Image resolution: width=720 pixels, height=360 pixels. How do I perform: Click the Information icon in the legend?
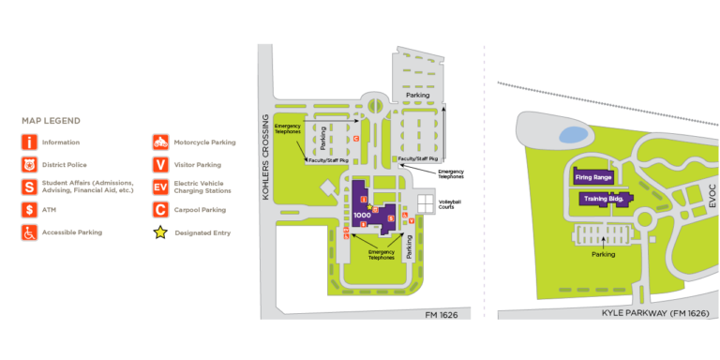click(x=30, y=142)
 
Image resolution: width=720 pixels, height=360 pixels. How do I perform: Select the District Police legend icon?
click(x=30, y=165)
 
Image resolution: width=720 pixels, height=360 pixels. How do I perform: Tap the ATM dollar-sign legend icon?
click(x=30, y=210)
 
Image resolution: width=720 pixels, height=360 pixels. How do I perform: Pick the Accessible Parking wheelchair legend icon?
click(x=30, y=232)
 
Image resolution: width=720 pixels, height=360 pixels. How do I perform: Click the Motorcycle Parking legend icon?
click(x=160, y=142)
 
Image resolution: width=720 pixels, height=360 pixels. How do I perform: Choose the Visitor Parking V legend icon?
click(x=160, y=165)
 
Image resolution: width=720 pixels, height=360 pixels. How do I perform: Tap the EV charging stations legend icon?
click(x=160, y=187)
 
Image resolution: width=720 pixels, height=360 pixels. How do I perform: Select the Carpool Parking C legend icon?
click(x=160, y=210)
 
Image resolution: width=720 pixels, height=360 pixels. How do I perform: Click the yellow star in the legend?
click(x=160, y=232)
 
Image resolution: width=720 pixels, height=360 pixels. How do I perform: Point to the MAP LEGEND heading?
click(x=51, y=121)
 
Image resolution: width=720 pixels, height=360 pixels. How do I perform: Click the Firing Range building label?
click(x=592, y=177)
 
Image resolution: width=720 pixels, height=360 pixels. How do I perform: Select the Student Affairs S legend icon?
click(x=30, y=187)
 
